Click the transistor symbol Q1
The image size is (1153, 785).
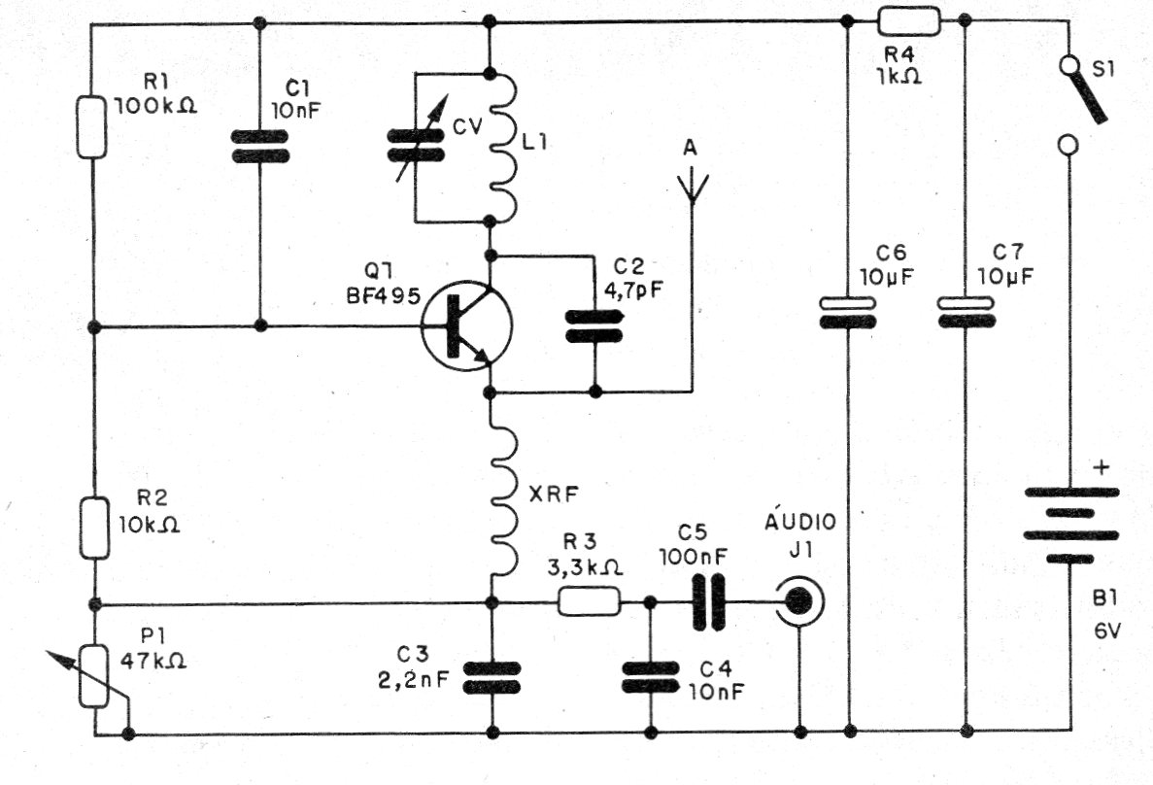[466, 325]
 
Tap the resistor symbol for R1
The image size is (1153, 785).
[92, 126]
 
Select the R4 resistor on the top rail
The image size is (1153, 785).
[909, 22]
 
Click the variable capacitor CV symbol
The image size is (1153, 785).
[416, 145]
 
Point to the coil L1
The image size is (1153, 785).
[503, 146]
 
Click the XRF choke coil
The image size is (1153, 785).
[504, 496]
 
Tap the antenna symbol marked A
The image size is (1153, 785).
[692, 188]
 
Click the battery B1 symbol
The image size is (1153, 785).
[1071, 525]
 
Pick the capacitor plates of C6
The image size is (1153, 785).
[848, 312]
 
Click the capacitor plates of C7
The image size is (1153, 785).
[966, 311]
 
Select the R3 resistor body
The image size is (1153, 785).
[589, 601]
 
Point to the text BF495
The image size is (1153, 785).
[383, 295]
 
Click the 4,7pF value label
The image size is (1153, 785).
[633, 290]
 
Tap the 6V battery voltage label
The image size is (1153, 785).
[1104, 631]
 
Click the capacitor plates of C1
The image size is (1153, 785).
[260, 146]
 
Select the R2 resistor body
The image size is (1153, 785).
[94, 528]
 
